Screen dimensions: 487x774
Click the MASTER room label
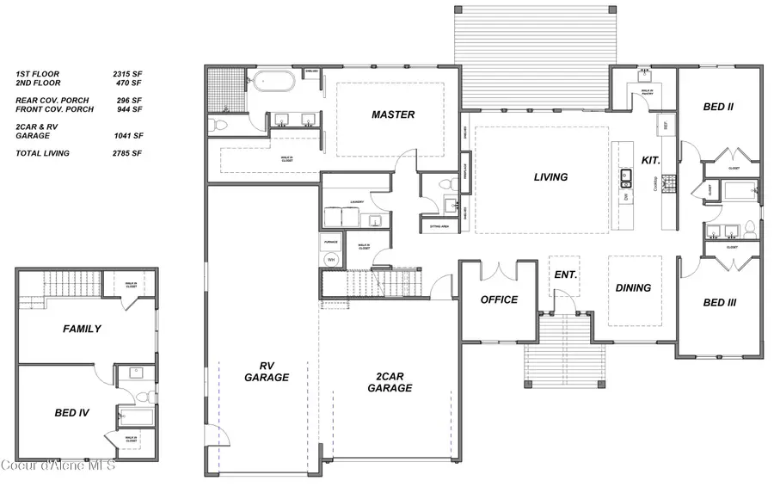point(393,114)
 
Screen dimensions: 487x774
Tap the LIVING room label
point(550,177)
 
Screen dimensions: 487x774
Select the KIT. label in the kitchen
point(651,161)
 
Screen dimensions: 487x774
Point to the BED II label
point(718,107)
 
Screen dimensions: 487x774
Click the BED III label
point(719,303)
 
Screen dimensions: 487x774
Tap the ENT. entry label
point(565,275)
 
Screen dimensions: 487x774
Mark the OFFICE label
point(499,299)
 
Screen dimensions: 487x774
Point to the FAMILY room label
point(82,329)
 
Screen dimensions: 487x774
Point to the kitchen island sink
point(628,178)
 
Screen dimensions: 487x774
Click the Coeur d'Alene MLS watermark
point(58,465)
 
